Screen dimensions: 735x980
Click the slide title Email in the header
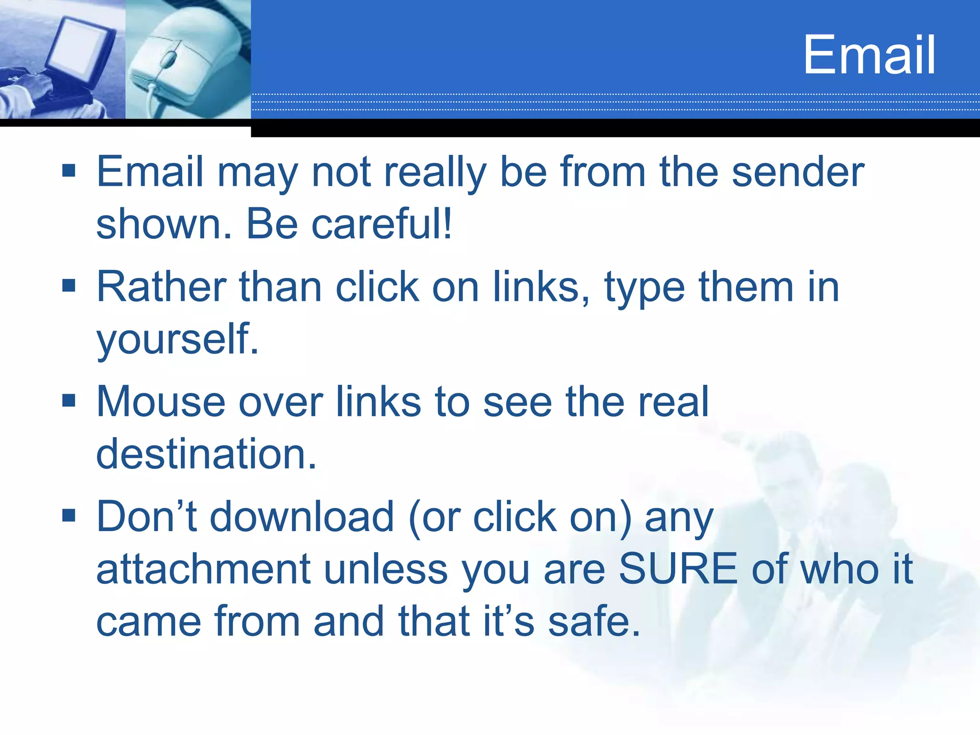pos(869,55)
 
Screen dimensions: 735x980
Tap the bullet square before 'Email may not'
pos(69,170)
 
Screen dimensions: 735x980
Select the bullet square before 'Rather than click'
pos(69,286)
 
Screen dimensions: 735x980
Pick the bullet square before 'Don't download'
pos(69,515)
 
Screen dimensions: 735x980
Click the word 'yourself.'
pos(178,340)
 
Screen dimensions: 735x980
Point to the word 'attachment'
pos(204,569)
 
